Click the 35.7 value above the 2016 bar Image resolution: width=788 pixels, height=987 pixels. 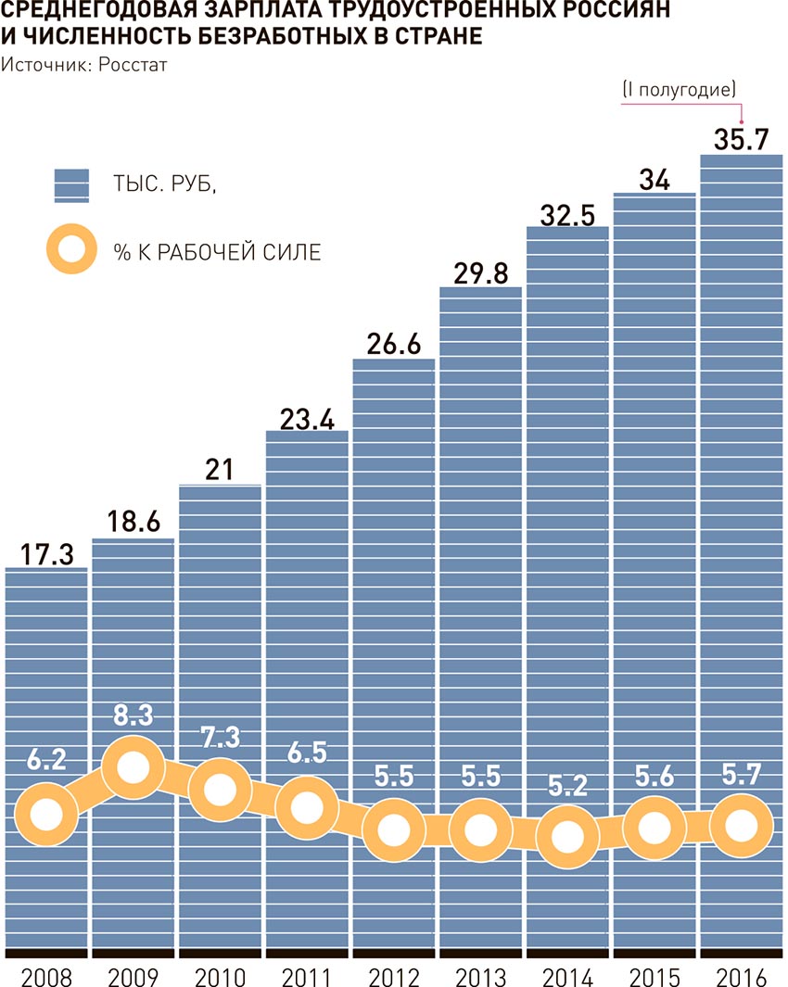tap(741, 139)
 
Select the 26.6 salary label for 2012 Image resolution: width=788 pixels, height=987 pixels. tap(394, 344)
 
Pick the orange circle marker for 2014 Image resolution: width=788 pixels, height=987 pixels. tap(567, 836)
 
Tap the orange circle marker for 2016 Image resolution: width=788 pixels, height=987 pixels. tap(741, 824)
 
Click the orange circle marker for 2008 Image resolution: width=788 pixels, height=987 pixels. tap(46, 814)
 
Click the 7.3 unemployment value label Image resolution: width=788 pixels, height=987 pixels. tap(220, 739)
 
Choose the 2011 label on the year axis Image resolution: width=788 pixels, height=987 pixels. tap(306, 977)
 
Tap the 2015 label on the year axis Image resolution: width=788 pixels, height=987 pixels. tap(654, 977)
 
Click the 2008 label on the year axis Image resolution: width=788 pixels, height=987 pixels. tap(46, 977)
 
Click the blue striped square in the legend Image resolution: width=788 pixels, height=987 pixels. tap(71, 184)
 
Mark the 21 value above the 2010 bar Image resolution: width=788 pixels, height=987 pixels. tap(220, 470)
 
